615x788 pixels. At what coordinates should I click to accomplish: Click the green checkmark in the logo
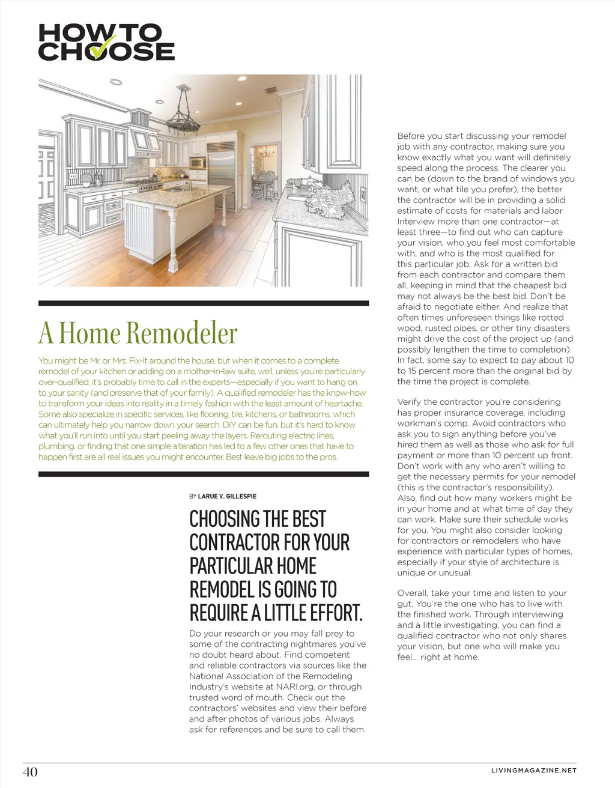coord(104,47)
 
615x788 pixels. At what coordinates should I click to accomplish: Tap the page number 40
coord(30,771)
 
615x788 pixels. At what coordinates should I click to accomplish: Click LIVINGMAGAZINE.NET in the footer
coord(533,771)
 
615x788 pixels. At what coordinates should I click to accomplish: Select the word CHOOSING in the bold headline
coord(225,519)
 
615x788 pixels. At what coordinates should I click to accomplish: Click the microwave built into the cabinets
coord(197,162)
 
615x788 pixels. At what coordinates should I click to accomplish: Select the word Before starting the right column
coord(413,136)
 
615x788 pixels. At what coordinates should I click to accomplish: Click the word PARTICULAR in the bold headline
coord(222,566)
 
